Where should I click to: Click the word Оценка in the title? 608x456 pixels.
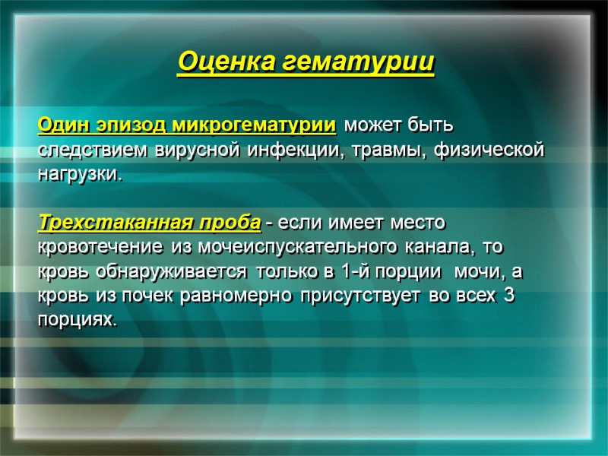(226, 62)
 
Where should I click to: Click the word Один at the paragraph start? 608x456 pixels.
(62, 123)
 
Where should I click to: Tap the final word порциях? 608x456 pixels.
(78, 321)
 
